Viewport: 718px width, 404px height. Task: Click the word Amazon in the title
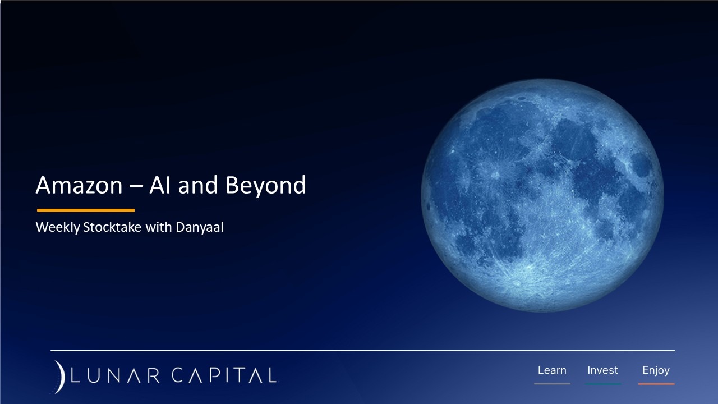pyautogui.click(x=78, y=186)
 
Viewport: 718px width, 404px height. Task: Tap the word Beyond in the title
pyautogui.click(x=265, y=186)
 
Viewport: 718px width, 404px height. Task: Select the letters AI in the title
pyautogui.click(x=159, y=186)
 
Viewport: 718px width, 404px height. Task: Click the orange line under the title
pyautogui.click(x=85, y=210)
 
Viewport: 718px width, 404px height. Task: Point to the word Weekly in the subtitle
pyautogui.click(x=57, y=228)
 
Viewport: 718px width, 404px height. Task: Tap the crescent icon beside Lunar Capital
pyautogui.click(x=59, y=376)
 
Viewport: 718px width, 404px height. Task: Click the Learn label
pyautogui.click(x=552, y=370)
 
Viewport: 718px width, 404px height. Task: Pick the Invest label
pyautogui.click(x=602, y=370)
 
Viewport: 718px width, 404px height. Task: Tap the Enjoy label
pyautogui.click(x=656, y=370)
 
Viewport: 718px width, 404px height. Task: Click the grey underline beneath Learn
pyautogui.click(x=552, y=384)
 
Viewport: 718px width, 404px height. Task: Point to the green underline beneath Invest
pyautogui.click(x=602, y=384)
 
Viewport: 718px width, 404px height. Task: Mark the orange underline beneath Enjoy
pyautogui.click(x=656, y=384)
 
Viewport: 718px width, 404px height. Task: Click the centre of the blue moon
pyautogui.click(x=542, y=195)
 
